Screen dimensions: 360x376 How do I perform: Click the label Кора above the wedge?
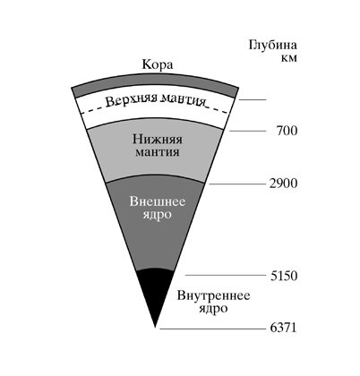click(158, 64)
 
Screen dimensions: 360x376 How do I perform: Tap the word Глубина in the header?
click(273, 46)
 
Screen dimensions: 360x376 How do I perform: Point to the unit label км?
click(289, 58)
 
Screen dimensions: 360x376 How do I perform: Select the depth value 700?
click(287, 131)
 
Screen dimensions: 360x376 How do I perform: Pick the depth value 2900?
click(284, 184)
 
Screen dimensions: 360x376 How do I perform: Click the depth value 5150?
click(284, 276)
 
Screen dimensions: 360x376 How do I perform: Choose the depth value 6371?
click(284, 328)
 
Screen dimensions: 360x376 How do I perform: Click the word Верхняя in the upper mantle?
click(132, 99)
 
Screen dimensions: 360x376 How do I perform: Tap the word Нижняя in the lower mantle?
click(158, 140)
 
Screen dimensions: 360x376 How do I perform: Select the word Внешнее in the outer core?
click(158, 201)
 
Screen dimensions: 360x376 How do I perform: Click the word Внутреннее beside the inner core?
click(214, 296)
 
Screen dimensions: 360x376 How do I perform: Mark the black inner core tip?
click(155, 327)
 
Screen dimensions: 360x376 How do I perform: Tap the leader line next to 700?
click(247, 131)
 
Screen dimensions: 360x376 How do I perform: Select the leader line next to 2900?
click(237, 184)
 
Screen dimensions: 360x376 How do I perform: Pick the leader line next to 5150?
click(226, 275)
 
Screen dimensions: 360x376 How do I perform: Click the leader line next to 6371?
click(213, 329)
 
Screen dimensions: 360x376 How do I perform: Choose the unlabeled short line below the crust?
click(253, 99)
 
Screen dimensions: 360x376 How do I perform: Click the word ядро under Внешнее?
click(157, 215)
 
